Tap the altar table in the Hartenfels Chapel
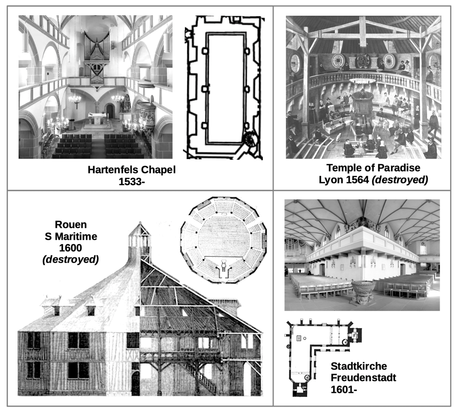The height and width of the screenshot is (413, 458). coord(98,120)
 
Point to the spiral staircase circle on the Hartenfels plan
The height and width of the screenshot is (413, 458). coord(250,139)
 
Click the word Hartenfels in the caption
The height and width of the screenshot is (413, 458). coord(113,170)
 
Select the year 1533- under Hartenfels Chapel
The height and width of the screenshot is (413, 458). coord(132,182)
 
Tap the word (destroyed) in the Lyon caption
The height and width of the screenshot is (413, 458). coord(400,180)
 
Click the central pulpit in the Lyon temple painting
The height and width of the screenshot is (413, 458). coord(363,104)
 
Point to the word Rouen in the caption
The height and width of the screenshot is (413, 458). coord(71,224)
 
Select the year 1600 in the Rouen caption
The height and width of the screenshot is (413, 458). coord(70,248)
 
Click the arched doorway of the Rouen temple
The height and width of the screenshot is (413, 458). coord(136,383)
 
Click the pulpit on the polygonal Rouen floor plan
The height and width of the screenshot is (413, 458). coord(224,265)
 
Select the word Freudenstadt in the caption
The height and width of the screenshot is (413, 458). coord(364,378)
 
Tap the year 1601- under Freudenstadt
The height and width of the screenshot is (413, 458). coord(344,389)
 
